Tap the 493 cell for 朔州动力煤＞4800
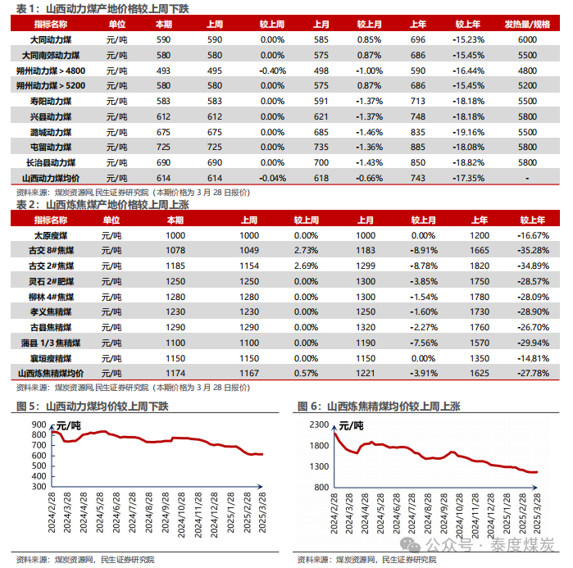[x=163, y=70]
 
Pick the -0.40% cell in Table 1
[x=272, y=70]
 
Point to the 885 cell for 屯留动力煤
[x=418, y=147]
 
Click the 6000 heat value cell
[x=526, y=39]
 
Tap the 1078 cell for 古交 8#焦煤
[x=175, y=250]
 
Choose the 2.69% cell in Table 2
[x=306, y=266]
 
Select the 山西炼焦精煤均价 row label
[x=52, y=373]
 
